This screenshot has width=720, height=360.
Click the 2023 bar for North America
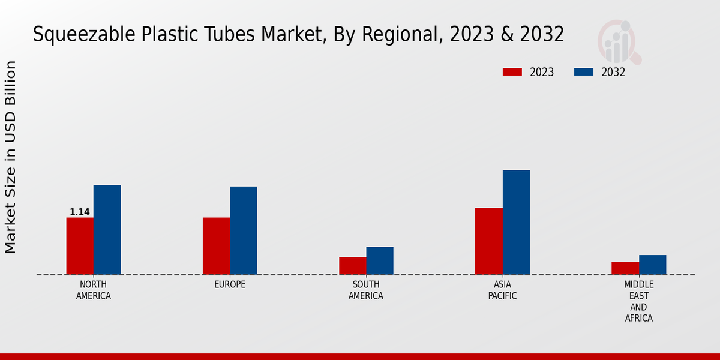point(80,246)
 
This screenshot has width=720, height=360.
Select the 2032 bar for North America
point(107,230)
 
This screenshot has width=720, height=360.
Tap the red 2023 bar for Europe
point(216,246)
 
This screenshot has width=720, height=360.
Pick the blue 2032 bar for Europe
point(243,230)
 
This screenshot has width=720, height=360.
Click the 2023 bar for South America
point(352,266)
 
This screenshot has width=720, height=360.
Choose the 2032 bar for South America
point(380,260)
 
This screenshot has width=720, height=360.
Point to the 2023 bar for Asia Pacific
point(488,241)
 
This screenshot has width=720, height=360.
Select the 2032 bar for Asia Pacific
point(516,222)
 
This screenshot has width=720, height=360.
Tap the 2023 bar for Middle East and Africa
point(625,268)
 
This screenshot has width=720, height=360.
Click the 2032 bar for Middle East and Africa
point(652,265)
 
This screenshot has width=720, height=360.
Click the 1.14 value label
point(80,212)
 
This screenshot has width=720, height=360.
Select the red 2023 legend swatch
point(512,72)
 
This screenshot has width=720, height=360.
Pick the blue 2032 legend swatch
point(584,72)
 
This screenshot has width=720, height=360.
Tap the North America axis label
point(94,290)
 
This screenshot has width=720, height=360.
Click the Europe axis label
point(230,284)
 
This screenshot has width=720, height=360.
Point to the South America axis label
point(366,290)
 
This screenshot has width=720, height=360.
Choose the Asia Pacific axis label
point(502,290)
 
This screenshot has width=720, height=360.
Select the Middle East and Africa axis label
point(639,301)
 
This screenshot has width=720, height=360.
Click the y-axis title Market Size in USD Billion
point(11,157)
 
